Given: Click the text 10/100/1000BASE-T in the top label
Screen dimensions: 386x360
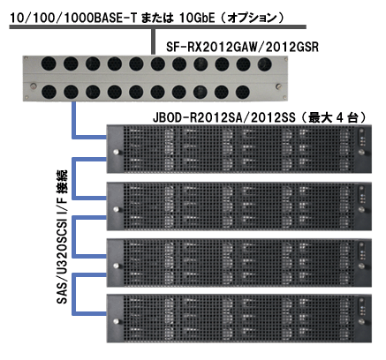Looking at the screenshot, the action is click(x=73, y=18).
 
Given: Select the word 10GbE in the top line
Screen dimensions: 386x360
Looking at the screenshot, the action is click(x=197, y=18).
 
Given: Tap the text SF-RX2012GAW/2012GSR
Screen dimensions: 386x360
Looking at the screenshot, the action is click(x=242, y=47).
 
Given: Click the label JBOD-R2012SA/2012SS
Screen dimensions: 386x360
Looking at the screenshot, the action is click(x=223, y=117).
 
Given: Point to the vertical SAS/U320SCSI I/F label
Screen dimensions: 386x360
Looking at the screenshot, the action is click(x=62, y=236).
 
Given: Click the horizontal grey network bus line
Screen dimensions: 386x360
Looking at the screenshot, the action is click(x=158, y=26).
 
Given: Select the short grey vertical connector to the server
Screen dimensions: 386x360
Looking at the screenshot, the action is click(x=153, y=41).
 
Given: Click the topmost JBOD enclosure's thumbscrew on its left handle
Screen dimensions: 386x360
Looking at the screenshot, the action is click(x=116, y=152).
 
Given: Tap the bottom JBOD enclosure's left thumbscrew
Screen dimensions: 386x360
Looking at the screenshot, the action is click(x=116, y=321).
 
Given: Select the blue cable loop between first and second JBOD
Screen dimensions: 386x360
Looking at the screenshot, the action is click(x=74, y=178).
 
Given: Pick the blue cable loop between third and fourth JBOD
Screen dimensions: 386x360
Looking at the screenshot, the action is click(x=74, y=294).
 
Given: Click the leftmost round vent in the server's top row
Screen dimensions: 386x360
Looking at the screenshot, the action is click(x=49, y=64).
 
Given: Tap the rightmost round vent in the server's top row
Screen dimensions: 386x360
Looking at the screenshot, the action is click(x=264, y=64).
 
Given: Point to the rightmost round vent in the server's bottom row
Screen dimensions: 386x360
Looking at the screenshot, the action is click(x=243, y=92).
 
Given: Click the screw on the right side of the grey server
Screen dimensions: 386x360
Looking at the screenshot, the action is click(x=278, y=86).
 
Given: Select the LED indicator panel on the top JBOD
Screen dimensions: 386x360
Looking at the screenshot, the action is click(x=361, y=140).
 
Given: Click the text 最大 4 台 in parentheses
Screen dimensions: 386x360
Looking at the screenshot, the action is click(x=332, y=117).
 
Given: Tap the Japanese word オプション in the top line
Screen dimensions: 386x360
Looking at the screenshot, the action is click(x=253, y=18).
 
